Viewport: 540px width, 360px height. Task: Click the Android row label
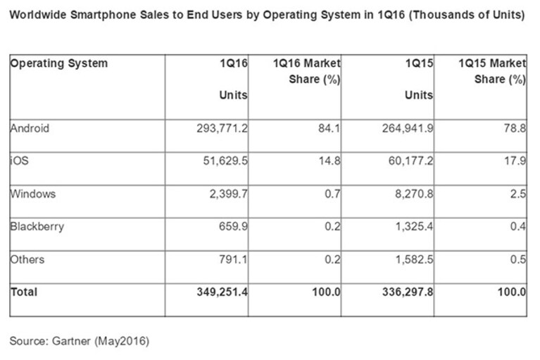click(30, 128)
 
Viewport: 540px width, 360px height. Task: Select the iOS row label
click(20, 161)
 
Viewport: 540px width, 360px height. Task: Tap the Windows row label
click(33, 194)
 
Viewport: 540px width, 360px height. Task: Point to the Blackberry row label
click(37, 227)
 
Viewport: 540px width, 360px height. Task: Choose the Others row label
click(27, 259)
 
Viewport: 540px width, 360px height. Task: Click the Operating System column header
click(59, 63)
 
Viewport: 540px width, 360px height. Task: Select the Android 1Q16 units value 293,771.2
click(222, 128)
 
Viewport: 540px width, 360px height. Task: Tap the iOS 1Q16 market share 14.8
click(329, 161)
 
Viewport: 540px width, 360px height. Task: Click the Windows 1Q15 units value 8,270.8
click(414, 194)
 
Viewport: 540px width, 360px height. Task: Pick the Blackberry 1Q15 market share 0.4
click(518, 227)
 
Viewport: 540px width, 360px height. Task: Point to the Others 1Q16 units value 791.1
click(233, 259)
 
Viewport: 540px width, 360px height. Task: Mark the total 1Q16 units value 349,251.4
click(222, 292)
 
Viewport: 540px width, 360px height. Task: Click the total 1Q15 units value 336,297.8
click(408, 292)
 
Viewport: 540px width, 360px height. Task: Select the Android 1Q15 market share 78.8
click(515, 128)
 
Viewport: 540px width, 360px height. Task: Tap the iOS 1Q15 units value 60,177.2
click(411, 161)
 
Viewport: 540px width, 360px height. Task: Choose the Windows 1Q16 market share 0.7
click(332, 194)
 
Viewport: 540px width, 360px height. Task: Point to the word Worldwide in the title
click(38, 15)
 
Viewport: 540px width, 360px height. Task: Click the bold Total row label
click(24, 292)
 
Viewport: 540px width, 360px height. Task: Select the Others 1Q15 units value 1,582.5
click(414, 259)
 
